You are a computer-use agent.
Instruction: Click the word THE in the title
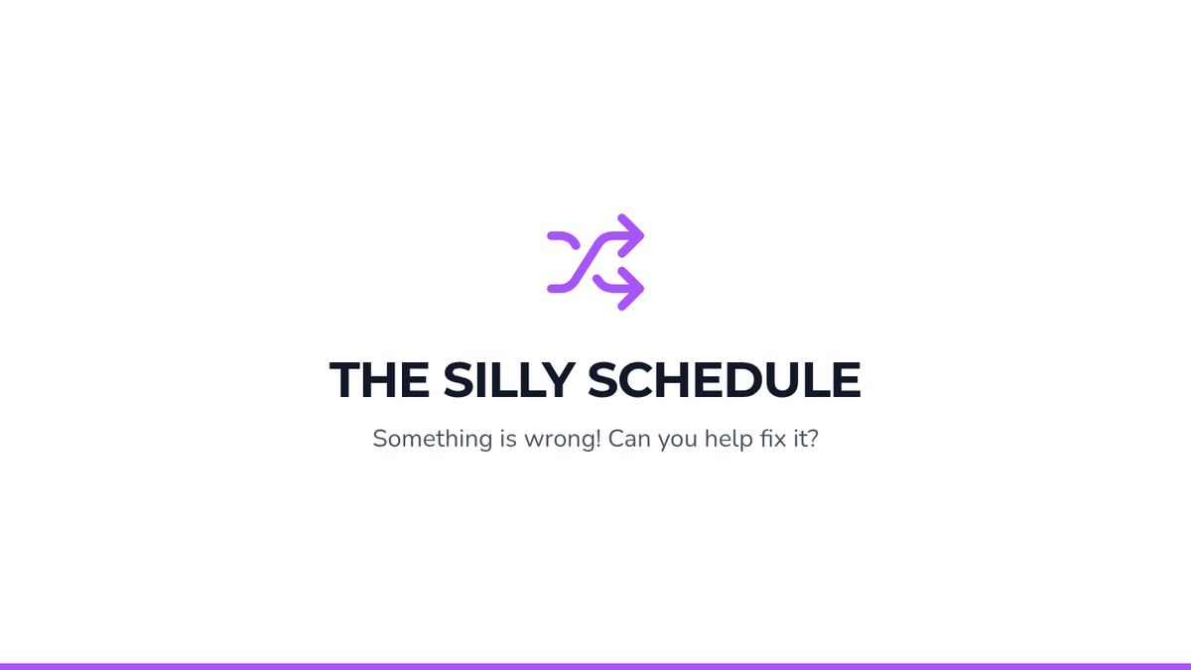tap(379, 379)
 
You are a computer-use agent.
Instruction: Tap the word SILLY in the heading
tap(509, 379)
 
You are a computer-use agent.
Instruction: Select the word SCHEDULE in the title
tap(725, 379)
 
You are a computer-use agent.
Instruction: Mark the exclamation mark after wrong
tap(598, 439)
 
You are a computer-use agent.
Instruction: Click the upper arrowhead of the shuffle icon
tap(631, 235)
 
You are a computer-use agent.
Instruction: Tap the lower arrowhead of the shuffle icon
tap(631, 289)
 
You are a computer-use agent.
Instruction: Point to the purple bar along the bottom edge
tap(595, 667)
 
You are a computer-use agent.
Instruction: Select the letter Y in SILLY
tap(558, 379)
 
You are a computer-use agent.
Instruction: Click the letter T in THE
tap(344, 379)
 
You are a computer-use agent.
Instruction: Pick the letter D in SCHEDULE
tap(745, 379)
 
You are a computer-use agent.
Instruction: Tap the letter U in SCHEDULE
tap(787, 379)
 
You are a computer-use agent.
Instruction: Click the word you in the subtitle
tap(677, 442)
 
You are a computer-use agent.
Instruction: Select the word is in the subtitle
tap(508, 439)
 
